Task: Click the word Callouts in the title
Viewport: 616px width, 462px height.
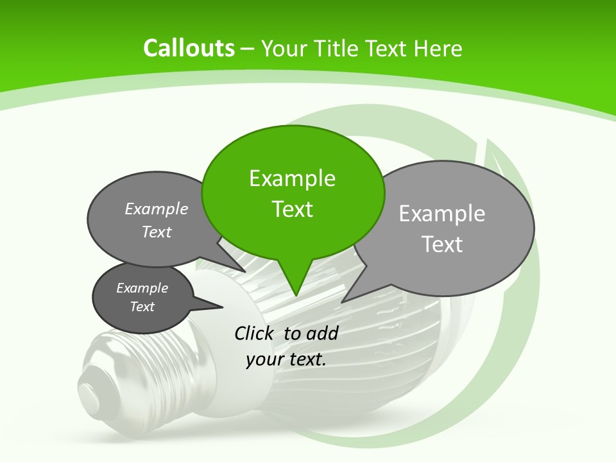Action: [189, 48]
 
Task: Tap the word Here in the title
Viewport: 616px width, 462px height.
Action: [438, 49]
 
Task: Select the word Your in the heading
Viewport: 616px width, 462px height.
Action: [286, 49]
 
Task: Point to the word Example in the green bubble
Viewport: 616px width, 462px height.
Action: [292, 178]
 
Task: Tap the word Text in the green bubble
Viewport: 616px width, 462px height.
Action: [293, 209]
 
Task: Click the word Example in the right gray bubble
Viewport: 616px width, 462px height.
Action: [442, 214]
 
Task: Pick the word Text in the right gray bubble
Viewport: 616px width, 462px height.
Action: [442, 244]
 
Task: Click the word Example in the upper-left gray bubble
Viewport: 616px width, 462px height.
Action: [157, 209]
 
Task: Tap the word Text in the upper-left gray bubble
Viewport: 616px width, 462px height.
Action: [157, 232]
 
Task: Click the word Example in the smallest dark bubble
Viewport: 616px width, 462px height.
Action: [142, 288]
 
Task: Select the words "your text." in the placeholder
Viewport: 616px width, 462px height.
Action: [286, 359]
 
